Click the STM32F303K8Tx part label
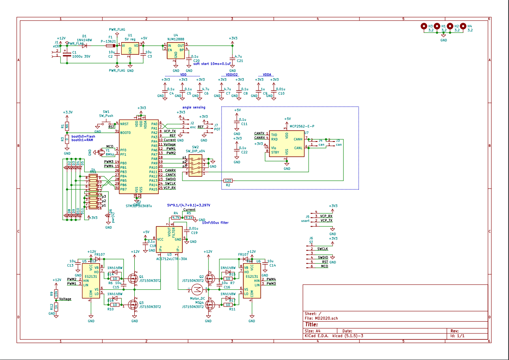click(139, 206)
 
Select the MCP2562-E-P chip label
click(302, 126)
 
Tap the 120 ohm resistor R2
click(228, 181)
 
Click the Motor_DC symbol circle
click(197, 289)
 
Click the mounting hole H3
click(424, 26)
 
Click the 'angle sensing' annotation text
click(194, 107)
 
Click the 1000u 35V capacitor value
click(81, 56)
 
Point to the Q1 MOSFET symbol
click(133, 278)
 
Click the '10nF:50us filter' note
click(215, 223)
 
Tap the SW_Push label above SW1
click(106, 116)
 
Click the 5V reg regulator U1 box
click(130, 49)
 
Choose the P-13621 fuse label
click(109, 42)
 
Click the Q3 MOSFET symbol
click(133, 304)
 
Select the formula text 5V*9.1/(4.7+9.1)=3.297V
click(189, 205)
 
